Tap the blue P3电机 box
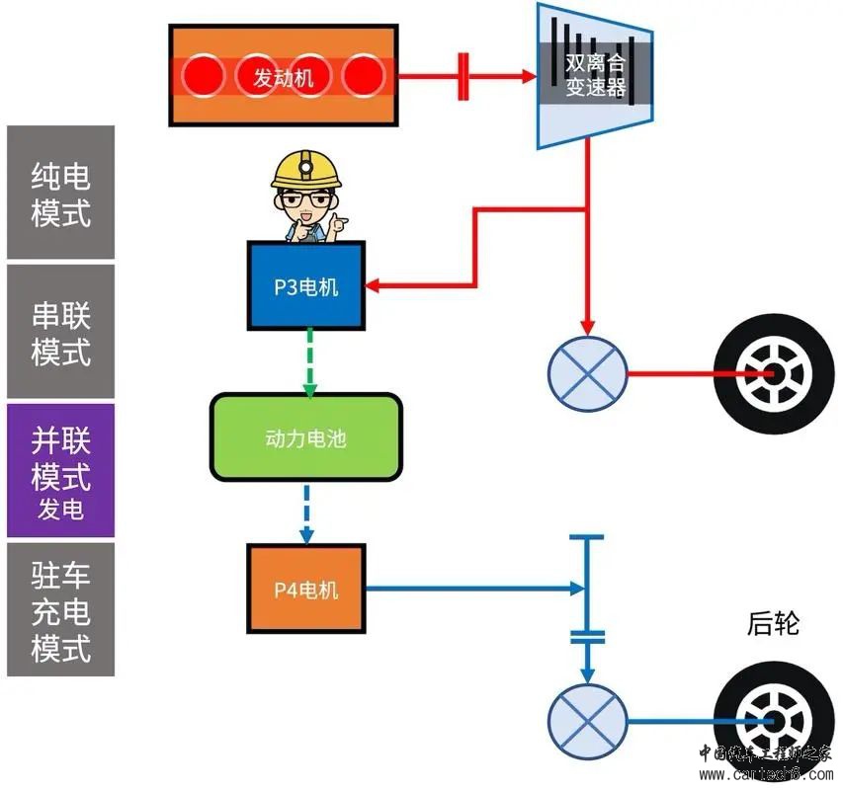(305, 286)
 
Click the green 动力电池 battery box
(306, 437)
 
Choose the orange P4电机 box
(305, 590)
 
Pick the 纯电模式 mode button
(60, 194)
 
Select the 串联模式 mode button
(60, 332)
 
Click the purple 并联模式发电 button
(60, 470)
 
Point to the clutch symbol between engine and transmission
(464, 76)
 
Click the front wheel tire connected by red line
(766, 374)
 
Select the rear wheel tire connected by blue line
(767, 722)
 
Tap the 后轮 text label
(772, 624)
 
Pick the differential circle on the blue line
(588, 722)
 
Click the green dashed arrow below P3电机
(310, 361)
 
